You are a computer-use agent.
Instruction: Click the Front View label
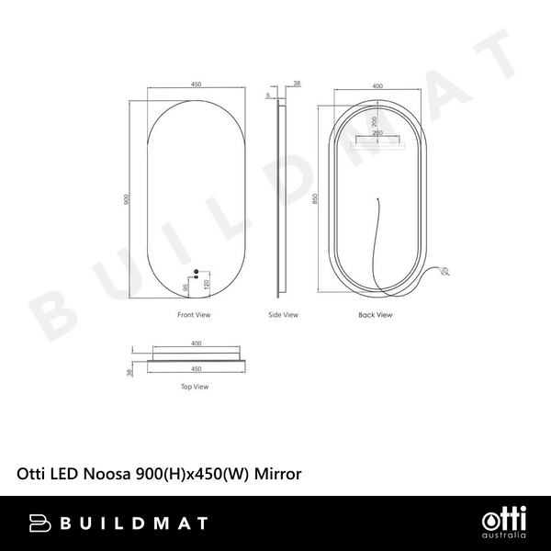195,315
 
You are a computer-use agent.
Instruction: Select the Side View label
283,315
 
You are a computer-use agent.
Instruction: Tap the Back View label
376,315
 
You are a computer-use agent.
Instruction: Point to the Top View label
195,387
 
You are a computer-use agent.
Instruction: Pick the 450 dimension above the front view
196,84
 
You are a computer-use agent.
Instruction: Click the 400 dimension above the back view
377,86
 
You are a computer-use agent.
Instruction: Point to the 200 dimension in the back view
374,120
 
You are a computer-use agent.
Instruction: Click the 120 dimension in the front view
206,284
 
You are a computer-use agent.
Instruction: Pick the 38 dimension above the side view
296,84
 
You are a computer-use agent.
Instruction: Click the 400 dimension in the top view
196,343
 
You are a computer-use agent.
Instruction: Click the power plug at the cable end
446,271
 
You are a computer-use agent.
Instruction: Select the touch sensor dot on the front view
196,271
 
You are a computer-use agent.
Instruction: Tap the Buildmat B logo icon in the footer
41,523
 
